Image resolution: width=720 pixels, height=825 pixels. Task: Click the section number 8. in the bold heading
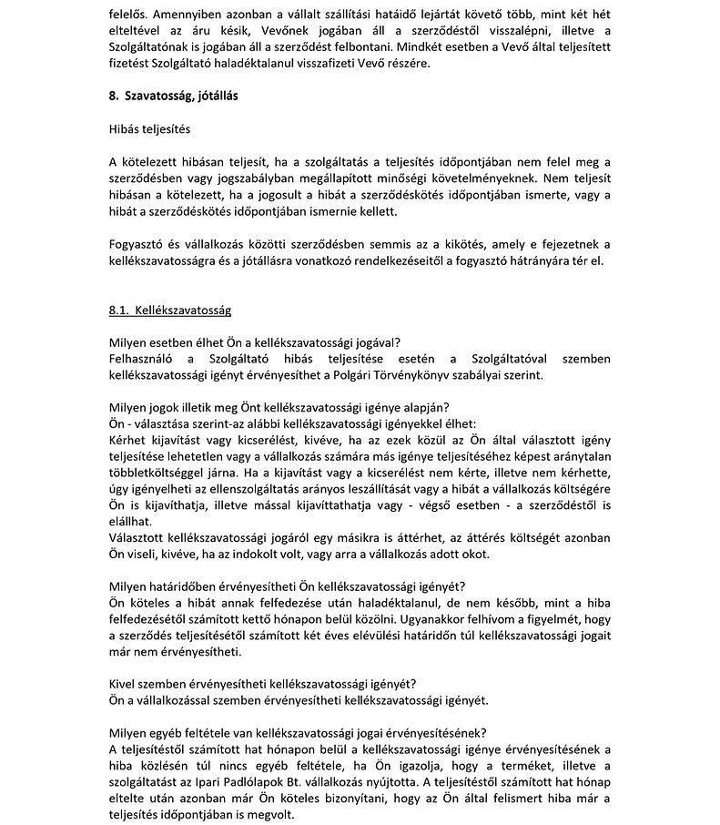(x=114, y=95)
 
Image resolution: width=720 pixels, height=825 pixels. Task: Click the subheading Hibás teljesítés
(x=149, y=129)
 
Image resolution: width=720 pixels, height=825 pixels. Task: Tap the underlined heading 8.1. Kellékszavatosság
(x=169, y=311)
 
